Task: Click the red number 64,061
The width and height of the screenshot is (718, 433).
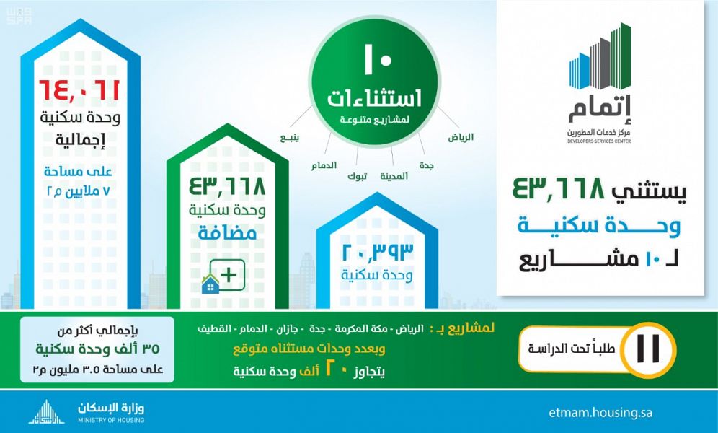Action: coord(79,89)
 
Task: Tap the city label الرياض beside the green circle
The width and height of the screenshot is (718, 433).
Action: coord(461,137)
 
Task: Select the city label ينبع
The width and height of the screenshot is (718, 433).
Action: coord(289,138)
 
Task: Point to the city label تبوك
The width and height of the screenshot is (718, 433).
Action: coord(357,176)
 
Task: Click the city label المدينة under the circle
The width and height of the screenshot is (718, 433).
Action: coord(394,176)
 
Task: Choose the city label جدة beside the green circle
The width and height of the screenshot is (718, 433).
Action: coord(426,166)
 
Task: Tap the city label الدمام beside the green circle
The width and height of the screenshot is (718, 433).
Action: coord(324,165)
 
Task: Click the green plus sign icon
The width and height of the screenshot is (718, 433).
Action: coord(228,275)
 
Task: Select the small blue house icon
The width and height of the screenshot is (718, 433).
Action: coord(210,284)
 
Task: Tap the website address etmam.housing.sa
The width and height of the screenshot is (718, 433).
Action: coord(600,412)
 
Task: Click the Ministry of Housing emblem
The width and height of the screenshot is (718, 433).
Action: coord(46,412)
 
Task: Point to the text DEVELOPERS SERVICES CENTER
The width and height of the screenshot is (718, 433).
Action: coord(599,141)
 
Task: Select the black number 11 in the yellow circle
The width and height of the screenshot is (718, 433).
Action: coord(648,349)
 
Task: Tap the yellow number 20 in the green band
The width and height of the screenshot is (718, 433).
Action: coord(334,369)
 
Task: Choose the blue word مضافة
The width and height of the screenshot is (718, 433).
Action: coord(227,233)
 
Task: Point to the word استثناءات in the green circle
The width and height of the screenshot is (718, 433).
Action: coord(374,99)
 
